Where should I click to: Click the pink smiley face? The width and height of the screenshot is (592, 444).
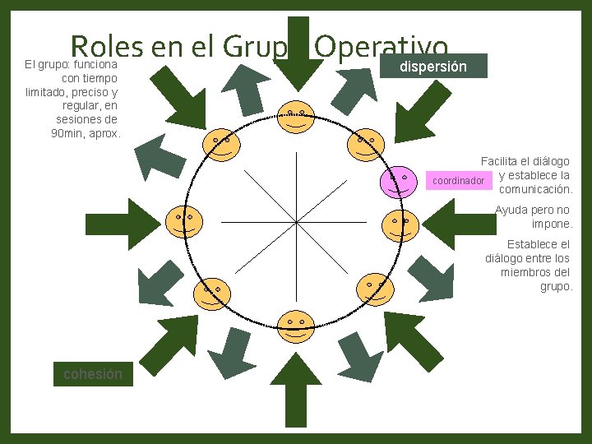point(399,181)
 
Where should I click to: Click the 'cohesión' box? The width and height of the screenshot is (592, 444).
point(92,374)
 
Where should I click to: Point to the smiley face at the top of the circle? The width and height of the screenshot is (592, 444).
point(295,118)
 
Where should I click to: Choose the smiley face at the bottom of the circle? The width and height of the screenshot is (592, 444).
point(295,326)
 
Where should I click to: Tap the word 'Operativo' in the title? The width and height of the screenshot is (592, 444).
point(382,47)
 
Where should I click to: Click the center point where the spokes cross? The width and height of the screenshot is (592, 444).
point(295,222)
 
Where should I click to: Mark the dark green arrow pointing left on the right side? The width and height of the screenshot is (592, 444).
point(460,223)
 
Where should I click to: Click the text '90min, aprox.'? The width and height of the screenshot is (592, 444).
point(86,133)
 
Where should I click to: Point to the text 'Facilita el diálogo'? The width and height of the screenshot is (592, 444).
point(525,162)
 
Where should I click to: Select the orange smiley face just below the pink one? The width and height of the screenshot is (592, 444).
point(400,223)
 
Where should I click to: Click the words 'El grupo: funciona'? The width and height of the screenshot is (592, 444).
point(71,63)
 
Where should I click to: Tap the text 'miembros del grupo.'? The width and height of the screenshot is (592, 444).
point(535,280)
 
